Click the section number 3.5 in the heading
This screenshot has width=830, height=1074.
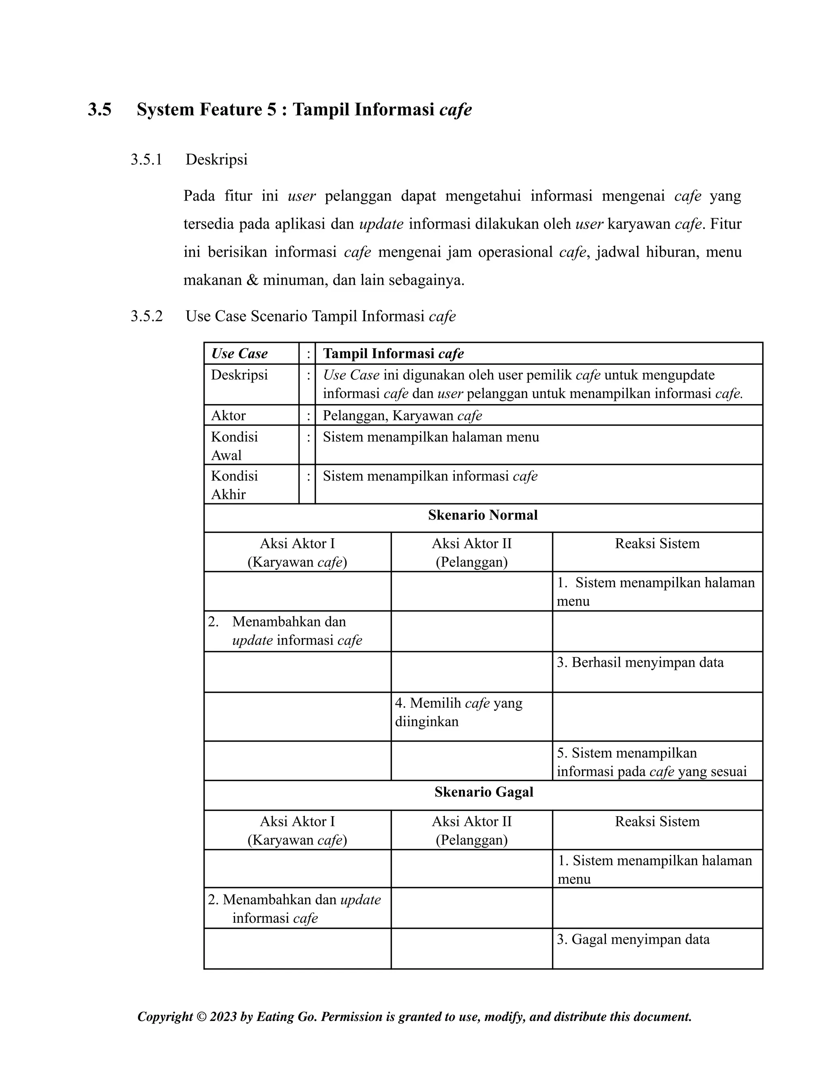(100, 109)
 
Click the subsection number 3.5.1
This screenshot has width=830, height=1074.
(146, 160)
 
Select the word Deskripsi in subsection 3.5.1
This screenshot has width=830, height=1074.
(216, 160)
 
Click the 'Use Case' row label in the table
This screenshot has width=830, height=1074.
(240, 353)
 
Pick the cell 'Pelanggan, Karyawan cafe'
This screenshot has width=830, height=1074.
(402, 415)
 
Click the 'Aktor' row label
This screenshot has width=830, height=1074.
(228, 415)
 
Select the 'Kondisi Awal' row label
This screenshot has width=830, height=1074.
(235, 445)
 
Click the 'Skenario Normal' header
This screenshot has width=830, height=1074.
(483, 515)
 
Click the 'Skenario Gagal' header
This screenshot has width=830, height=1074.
(484, 792)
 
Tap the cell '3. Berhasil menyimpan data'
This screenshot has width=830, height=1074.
(640, 662)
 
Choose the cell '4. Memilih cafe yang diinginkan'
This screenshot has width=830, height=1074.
(458, 712)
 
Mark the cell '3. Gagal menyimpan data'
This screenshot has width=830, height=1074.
(633, 939)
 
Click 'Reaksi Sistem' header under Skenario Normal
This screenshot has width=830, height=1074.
(657, 543)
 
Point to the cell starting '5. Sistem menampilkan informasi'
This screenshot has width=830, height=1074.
(652, 762)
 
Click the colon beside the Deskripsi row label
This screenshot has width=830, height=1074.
(308, 375)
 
